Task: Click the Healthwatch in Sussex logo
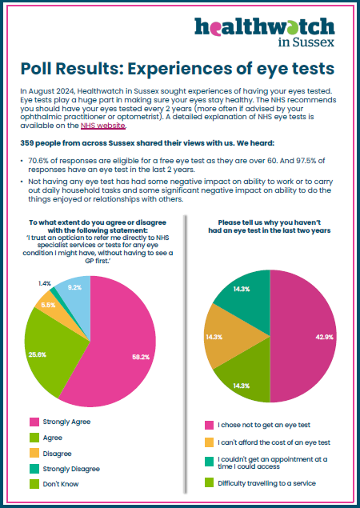pos(265,32)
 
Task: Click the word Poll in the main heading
pos(36,68)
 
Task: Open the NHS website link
pos(102,126)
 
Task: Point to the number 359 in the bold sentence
pos(26,143)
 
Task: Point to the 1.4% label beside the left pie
pos(44,283)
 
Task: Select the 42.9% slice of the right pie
pos(303,336)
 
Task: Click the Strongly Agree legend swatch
pos(34,422)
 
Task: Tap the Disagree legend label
pos(57,454)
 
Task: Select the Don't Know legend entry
pos(54,484)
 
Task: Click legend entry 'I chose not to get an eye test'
pos(258,425)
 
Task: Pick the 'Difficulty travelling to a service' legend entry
pos(260,483)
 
